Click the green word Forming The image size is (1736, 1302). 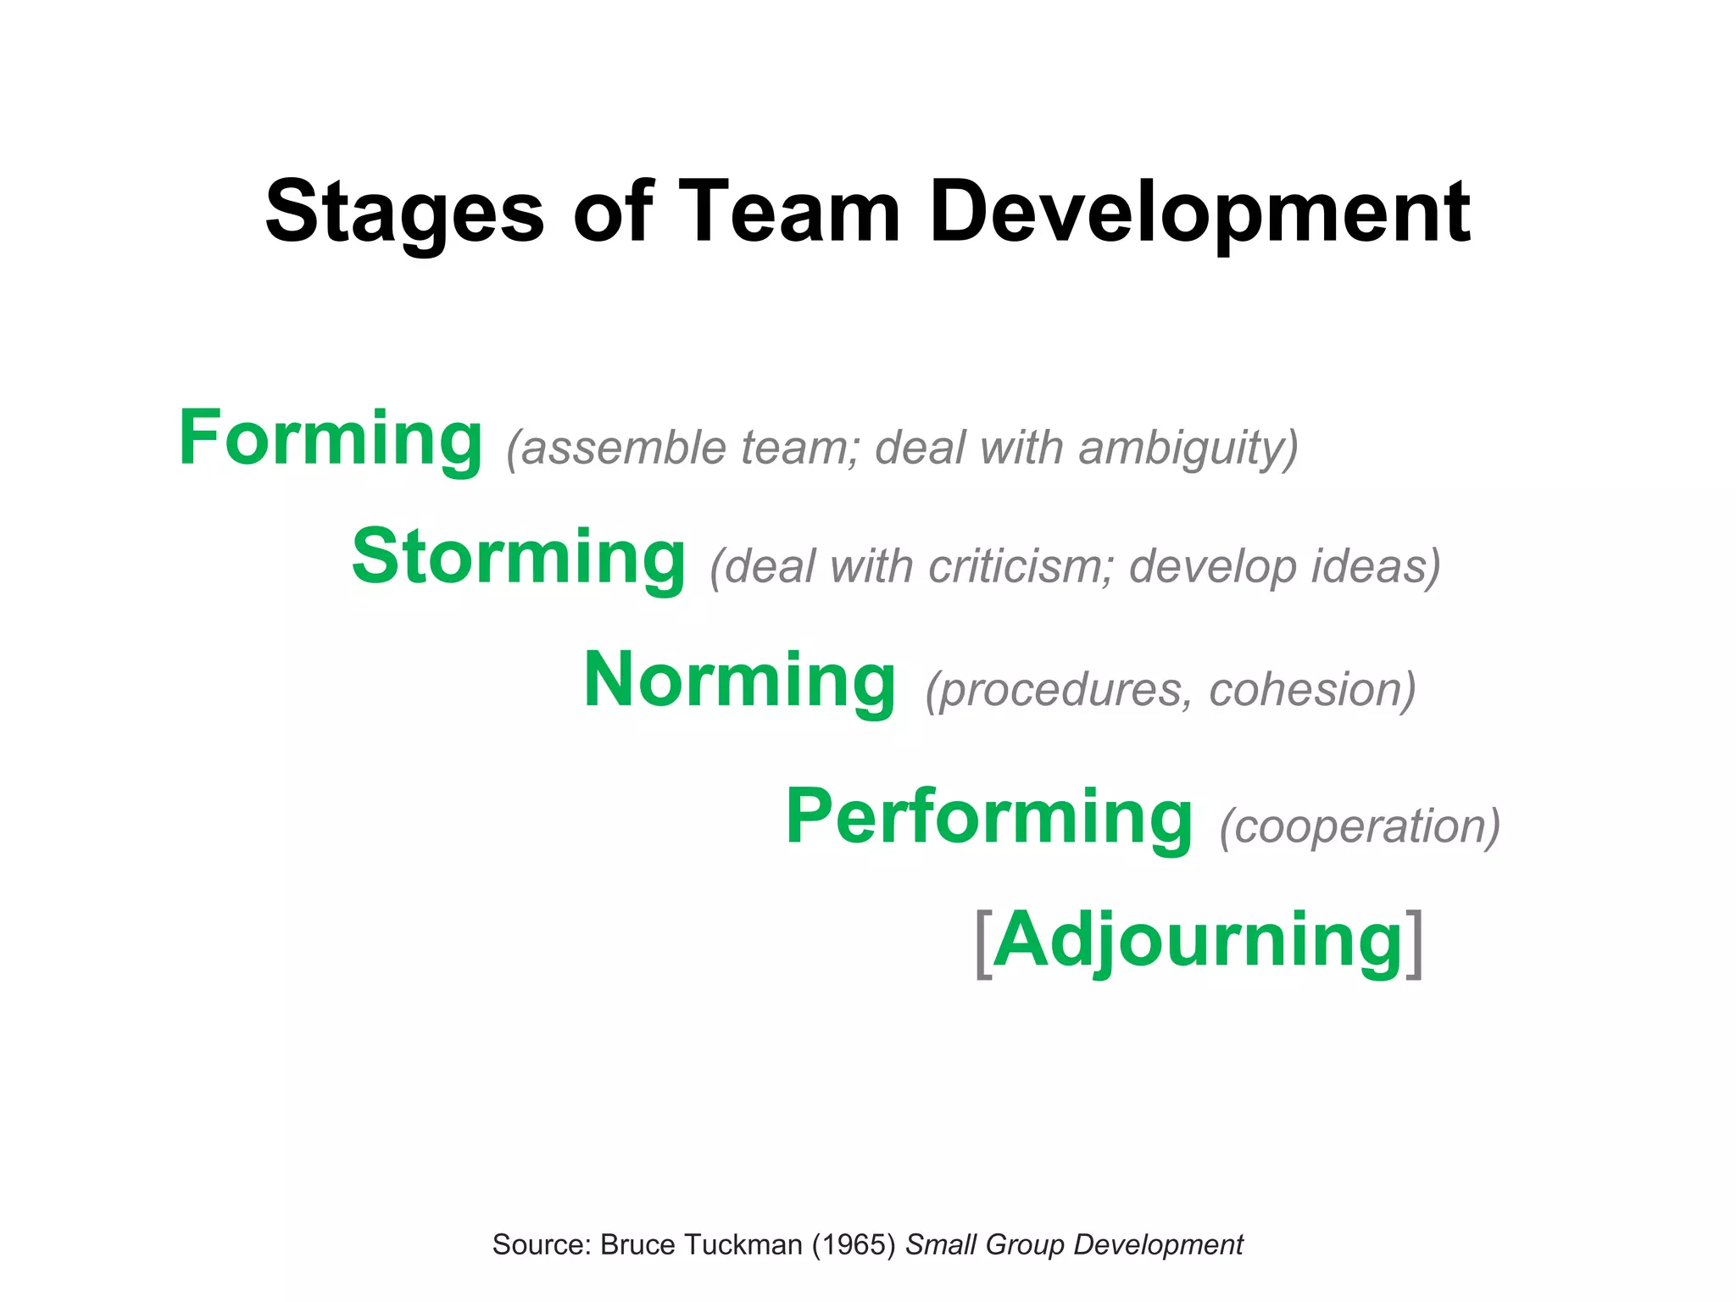[331, 439]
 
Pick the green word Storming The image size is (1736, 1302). [519, 558]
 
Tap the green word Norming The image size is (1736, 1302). [739, 680]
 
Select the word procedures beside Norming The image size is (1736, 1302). [1060, 689]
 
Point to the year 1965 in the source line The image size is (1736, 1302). [854, 1244]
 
